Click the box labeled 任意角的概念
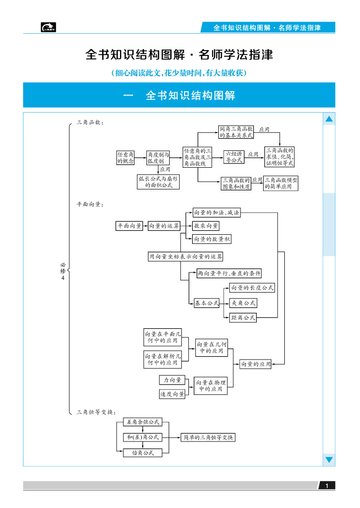click(125, 158)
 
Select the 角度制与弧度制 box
click(158, 158)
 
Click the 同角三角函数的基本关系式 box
click(236, 133)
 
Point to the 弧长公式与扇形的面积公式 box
click(159, 182)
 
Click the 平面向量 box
click(129, 226)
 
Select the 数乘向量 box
click(206, 226)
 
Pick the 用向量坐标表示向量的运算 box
click(186, 257)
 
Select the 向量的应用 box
click(255, 364)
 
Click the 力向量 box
click(172, 380)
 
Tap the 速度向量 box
click(172, 394)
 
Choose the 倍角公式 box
click(142, 453)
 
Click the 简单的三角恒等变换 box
click(208, 438)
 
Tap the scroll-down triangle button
click(329, 460)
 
